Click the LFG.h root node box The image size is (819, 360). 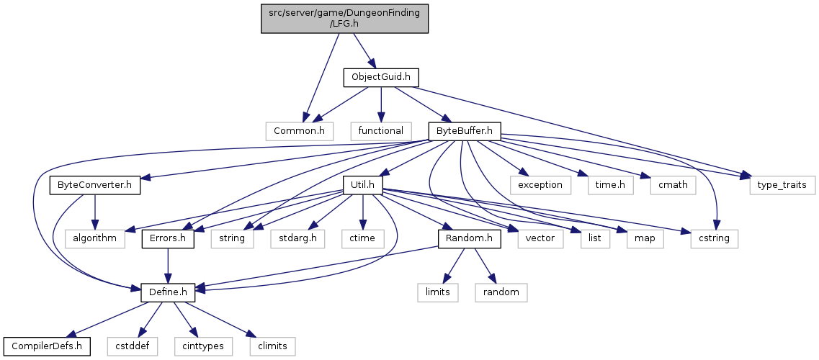click(344, 17)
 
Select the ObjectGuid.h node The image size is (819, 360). click(380, 76)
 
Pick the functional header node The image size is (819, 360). click(381, 131)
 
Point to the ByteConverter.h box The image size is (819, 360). click(94, 185)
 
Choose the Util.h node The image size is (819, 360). click(362, 185)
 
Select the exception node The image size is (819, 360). click(540, 185)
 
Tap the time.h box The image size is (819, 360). click(609, 185)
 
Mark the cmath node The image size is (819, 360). click(672, 185)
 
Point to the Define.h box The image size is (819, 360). click(167, 292)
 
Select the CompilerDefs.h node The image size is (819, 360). click(47, 346)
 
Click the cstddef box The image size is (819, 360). click(131, 346)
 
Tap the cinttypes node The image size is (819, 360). click(199, 346)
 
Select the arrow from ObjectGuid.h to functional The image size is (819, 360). click(381, 104)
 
